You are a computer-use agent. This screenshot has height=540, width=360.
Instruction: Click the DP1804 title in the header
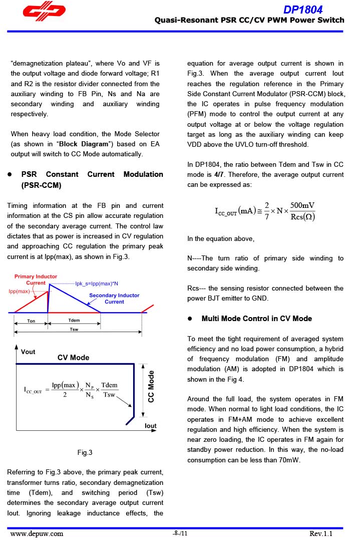tap(303, 10)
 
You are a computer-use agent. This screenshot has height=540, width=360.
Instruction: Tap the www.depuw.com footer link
tap(37, 533)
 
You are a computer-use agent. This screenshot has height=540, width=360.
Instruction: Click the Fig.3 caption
tap(85, 453)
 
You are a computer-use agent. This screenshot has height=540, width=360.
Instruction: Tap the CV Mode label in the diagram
tap(73, 358)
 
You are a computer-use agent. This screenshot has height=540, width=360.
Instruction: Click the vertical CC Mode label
tap(151, 386)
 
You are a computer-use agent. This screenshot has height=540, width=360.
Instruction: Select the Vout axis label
tap(28, 352)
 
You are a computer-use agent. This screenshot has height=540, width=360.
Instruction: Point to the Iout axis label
tap(150, 426)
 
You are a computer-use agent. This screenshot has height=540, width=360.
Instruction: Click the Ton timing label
tap(31, 321)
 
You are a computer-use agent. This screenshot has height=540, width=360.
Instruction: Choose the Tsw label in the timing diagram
tap(74, 329)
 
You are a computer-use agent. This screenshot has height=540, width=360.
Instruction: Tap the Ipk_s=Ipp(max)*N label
tap(97, 284)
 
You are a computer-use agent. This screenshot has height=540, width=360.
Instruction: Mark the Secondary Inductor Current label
tap(114, 299)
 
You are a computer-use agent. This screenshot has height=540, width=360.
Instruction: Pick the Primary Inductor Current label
tap(36, 280)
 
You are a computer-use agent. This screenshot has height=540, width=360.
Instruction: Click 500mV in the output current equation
tap(302, 205)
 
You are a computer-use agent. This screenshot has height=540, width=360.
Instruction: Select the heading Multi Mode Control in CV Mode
tap(256, 319)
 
